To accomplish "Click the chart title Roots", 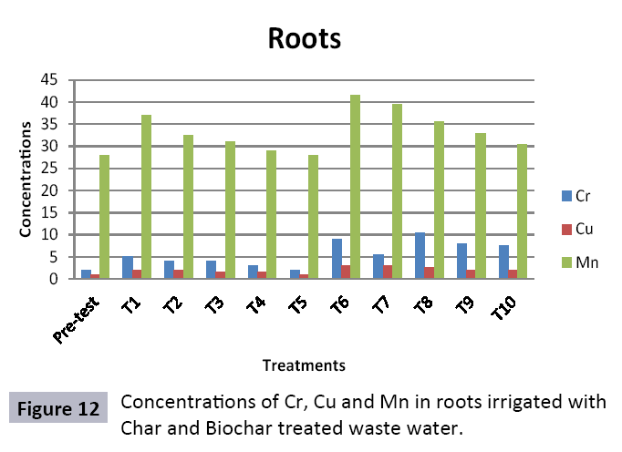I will click(304, 39).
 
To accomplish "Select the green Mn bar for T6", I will click(355, 187).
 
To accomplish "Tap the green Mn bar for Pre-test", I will click(105, 217).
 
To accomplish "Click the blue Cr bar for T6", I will click(337, 259).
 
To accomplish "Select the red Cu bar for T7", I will click(388, 272).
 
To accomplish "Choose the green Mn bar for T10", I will click(522, 211).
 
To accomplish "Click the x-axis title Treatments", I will click(304, 365).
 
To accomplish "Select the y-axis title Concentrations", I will click(28, 178).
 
